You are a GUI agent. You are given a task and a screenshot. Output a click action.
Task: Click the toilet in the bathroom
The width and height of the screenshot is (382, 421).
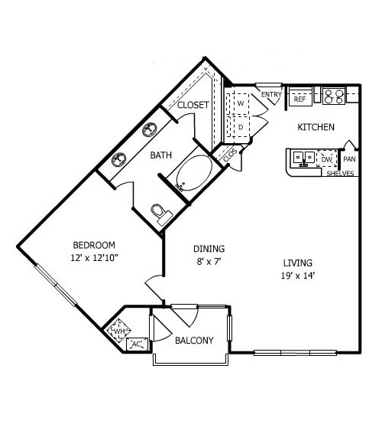tap(161, 214)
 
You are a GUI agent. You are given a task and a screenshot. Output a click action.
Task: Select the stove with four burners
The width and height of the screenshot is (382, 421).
tap(333, 96)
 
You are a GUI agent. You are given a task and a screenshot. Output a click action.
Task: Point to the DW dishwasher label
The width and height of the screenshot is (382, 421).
tap(326, 159)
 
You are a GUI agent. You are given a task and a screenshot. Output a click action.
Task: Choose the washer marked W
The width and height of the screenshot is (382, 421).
tap(241, 103)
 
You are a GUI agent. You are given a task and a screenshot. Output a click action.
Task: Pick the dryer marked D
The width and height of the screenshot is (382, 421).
tap(241, 127)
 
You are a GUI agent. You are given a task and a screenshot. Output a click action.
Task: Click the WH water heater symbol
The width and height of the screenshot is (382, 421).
tap(119, 331)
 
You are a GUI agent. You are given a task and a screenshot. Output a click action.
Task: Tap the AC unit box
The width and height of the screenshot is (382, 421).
tap(137, 344)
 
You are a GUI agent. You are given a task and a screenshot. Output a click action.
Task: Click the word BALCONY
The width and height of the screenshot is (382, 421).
tap(194, 341)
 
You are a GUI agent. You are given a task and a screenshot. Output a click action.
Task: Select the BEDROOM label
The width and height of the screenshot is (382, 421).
tap(94, 245)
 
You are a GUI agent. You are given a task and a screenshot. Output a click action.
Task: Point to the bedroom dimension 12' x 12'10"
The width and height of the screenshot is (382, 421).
tap(95, 258)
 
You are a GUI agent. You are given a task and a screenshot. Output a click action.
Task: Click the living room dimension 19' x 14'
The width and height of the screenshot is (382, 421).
tap(297, 276)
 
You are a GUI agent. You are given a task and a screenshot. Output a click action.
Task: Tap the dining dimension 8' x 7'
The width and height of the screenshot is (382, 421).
tap(209, 262)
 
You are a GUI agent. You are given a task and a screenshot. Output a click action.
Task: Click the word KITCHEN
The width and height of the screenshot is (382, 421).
tap(316, 127)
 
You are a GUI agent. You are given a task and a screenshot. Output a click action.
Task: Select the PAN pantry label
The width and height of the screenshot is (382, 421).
tap(349, 159)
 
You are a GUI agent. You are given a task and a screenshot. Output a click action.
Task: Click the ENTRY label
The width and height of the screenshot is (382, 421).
tap(271, 94)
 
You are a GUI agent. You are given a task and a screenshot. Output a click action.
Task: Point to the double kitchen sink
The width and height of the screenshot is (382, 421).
tap(303, 158)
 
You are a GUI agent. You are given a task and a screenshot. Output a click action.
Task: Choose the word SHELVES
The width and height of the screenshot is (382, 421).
tap(340, 174)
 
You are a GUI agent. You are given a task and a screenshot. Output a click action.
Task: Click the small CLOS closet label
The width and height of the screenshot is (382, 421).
tap(230, 155)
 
